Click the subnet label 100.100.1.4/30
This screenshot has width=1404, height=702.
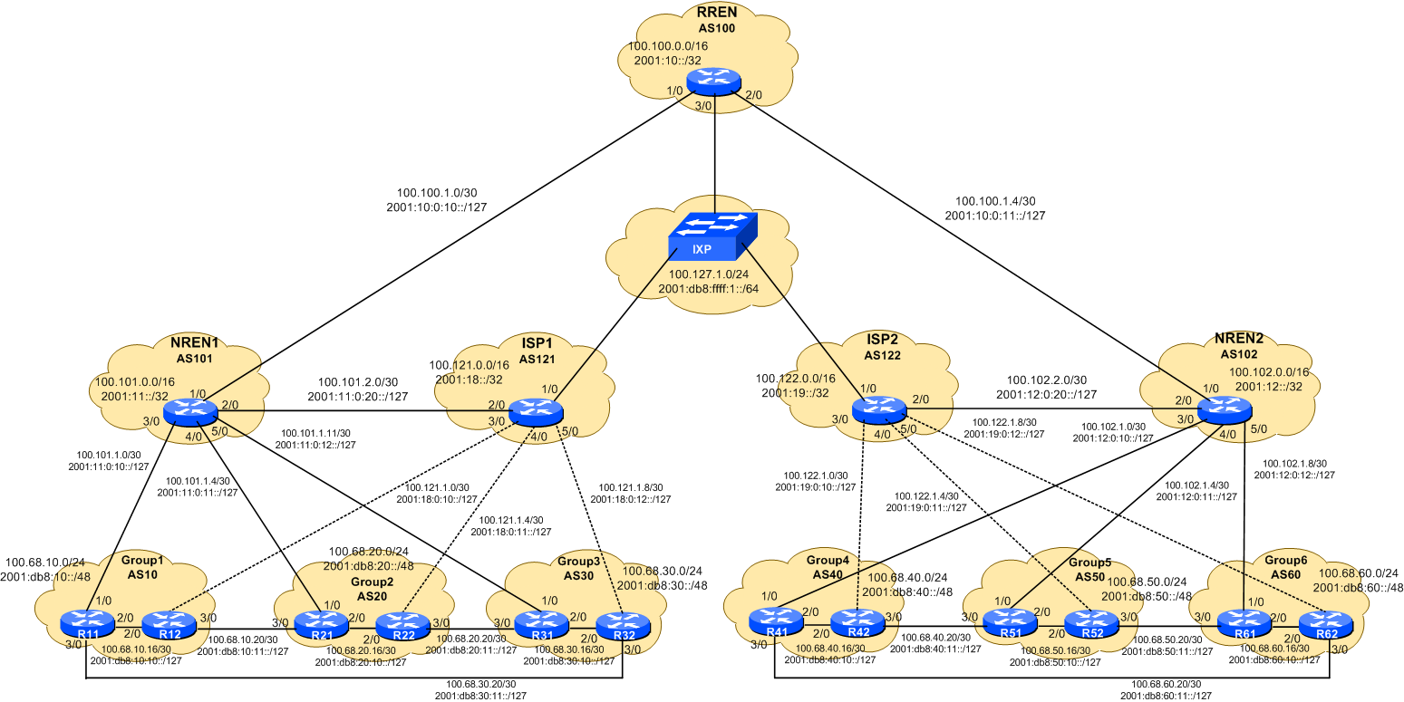point(995,201)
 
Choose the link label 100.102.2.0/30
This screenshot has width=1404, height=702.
point(1045,380)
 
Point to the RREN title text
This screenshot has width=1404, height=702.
point(716,12)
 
